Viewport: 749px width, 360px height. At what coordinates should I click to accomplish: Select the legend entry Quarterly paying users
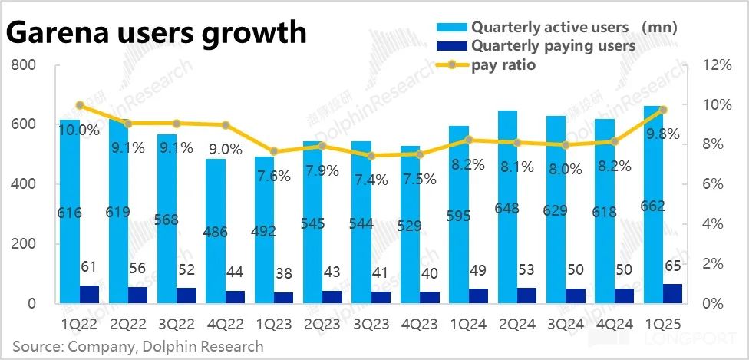tap(553, 46)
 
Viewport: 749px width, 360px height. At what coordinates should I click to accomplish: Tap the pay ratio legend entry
tap(503, 65)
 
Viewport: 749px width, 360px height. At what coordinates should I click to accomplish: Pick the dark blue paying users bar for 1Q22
tap(89, 295)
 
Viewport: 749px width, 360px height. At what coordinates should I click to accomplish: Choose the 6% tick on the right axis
tap(718, 184)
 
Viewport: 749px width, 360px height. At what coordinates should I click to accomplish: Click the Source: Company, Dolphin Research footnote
tap(138, 347)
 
